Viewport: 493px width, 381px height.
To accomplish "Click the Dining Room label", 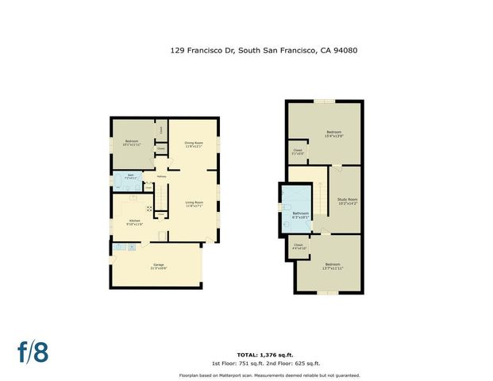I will click(194, 144).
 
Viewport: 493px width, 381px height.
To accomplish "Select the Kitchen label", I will click(133, 223).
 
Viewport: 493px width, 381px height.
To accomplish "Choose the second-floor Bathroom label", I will click(301, 214).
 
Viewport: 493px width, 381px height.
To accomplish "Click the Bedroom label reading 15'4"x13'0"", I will click(334, 134).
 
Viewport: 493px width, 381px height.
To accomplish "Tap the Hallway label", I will click(161, 175).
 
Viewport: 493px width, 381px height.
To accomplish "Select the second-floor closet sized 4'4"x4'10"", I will click(298, 246).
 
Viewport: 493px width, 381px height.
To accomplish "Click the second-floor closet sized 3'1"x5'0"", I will click(298, 152).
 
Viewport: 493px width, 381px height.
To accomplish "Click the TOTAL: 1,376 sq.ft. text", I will click(265, 354).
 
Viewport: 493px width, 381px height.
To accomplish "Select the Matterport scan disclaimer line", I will click(270, 375).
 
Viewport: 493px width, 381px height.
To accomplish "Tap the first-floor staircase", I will click(163, 192).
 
